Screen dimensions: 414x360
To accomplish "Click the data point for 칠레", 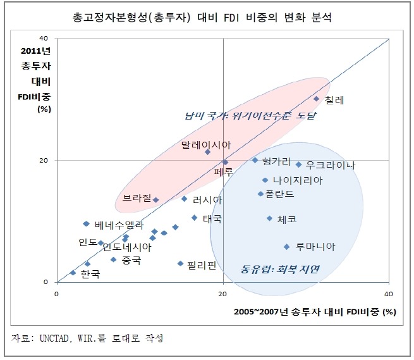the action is [316, 99].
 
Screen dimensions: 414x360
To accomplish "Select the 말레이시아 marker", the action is [208, 152].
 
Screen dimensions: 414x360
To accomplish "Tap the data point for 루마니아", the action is [287, 247].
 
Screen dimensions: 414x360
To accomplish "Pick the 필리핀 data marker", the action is [180, 263].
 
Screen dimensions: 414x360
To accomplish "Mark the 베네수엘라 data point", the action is [87, 223].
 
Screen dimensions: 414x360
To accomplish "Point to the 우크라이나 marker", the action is [298, 164].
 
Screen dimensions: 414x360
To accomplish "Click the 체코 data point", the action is [270, 218].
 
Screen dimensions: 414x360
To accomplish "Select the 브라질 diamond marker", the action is [156, 200].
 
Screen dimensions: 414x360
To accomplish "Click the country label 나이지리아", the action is [298, 180].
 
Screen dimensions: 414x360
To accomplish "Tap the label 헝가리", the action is [276, 161].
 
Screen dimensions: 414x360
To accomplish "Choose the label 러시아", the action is [207, 200].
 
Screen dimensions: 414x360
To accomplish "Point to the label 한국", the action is [90, 274].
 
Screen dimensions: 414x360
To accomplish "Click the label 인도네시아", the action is [127, 247].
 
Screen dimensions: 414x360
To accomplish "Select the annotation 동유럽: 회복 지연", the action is [280, 269].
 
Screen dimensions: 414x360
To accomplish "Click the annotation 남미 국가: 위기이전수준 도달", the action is [250, 116].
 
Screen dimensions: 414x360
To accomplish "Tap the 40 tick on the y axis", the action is [44, 39].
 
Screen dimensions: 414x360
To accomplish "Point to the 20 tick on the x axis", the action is [222, 294].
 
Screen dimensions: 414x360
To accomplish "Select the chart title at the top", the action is [202, 18].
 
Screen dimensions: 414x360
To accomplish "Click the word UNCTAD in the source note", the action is [54, 338].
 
